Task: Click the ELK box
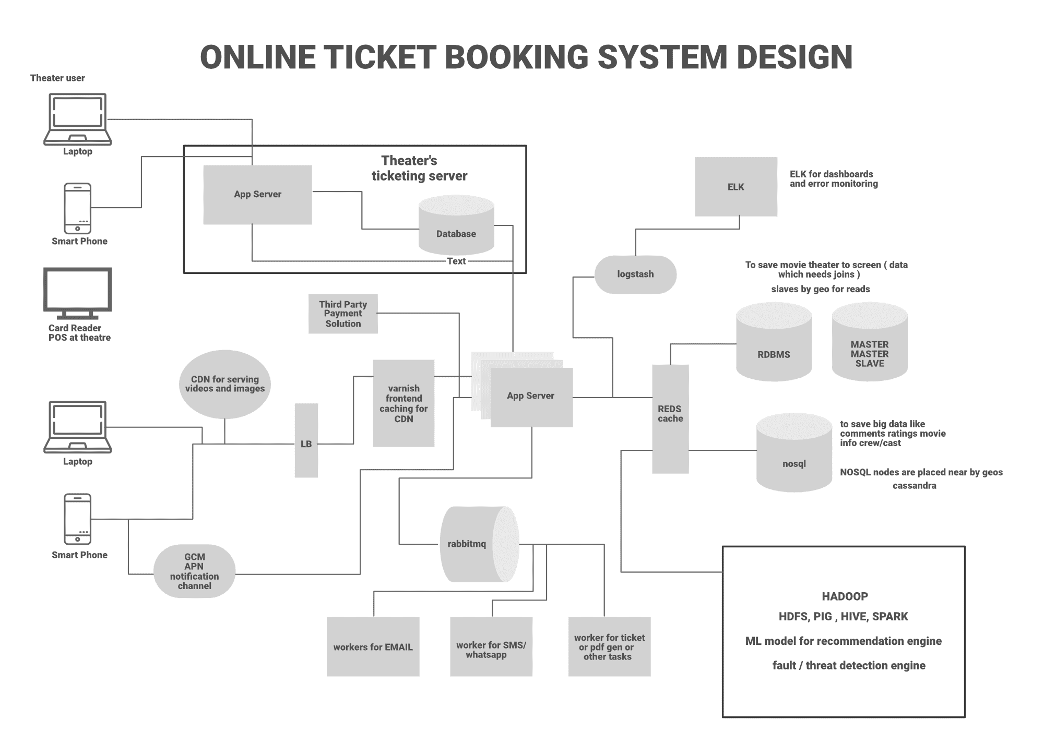(x=735, y=187)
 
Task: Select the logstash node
(x=635, y=274)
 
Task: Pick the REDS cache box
(x=670, y=418)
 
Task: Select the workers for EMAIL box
(x=373, y=647)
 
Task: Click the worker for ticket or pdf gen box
(x=609, y=647)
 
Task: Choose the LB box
(x=306, y=440)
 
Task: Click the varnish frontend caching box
(x=404, y=403)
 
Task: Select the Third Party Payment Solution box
(x=343, y=314)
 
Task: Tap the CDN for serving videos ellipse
(x=224, y=384)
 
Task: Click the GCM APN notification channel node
(x=194, y=571)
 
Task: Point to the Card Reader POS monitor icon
(x=77, y=293)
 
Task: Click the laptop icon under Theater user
(x=77, y=119)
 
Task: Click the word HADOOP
(x=845, y=596)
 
